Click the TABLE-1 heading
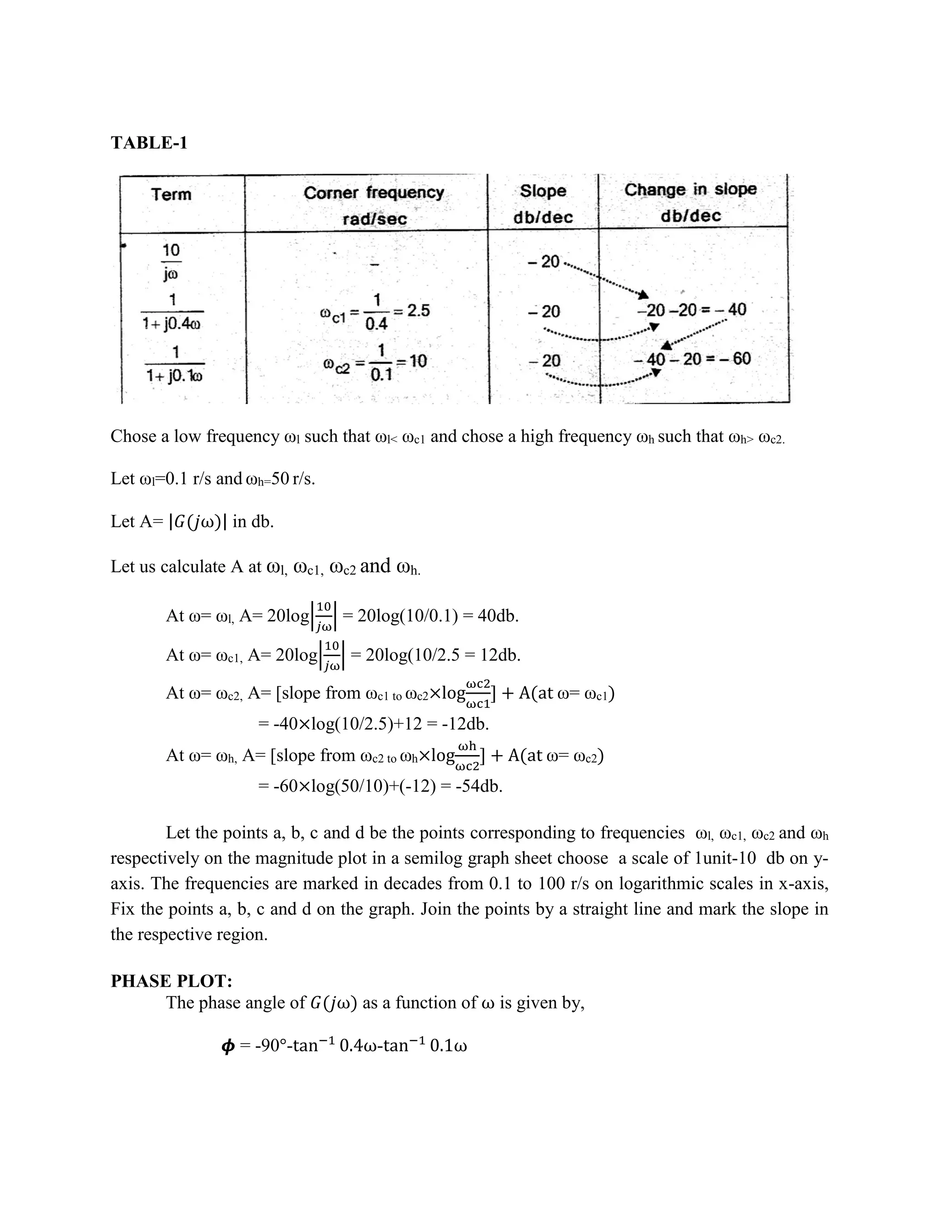pos(149,143)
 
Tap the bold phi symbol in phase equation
pos(227,1046)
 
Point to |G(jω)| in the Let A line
pos(198,522)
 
